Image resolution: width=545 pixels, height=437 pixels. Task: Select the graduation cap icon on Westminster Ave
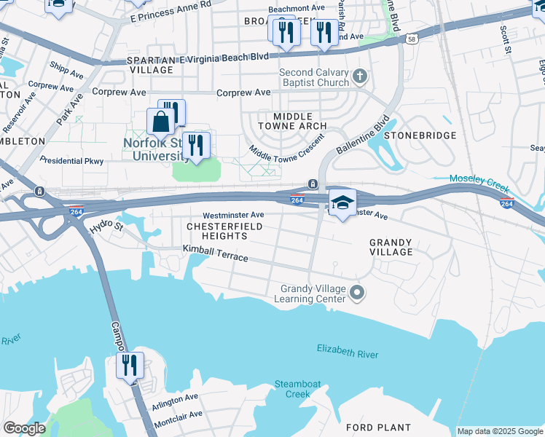342,202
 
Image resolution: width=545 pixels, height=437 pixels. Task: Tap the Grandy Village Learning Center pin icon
357,293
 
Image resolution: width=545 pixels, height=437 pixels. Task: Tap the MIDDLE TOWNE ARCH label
293,121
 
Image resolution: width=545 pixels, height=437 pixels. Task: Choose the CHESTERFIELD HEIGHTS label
216,232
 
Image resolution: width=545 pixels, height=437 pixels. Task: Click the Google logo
24,428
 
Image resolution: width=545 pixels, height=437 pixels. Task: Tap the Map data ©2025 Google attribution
500,431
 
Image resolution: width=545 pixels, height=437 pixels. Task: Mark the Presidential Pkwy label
71,160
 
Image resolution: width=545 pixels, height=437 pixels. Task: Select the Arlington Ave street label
175,398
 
